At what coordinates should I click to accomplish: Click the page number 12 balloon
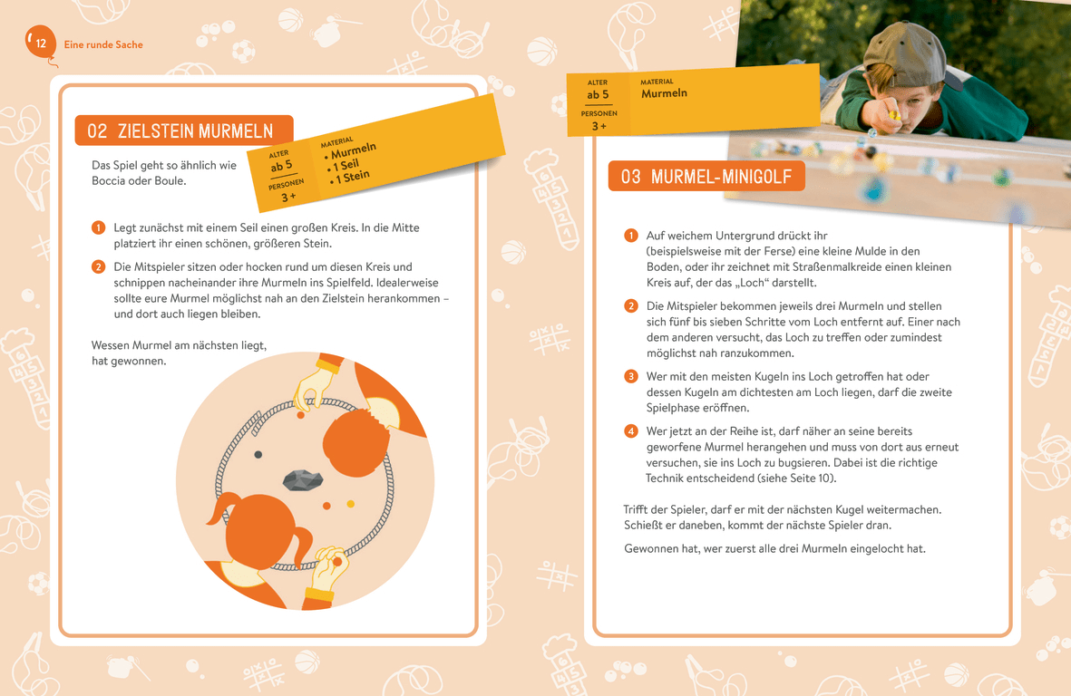click(40, 43)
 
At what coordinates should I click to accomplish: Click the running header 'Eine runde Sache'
click(103, 44)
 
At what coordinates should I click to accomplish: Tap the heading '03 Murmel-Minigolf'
click(706, 177)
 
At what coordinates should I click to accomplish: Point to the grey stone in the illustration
click(303, 479)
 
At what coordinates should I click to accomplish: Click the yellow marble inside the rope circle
click(350, 504)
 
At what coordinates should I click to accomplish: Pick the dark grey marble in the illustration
click(258, 454)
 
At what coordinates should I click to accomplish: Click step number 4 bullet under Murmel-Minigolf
click(631, 431)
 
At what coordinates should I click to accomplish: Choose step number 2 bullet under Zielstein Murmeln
click(98, 266)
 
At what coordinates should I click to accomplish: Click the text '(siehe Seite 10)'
click(797, 478)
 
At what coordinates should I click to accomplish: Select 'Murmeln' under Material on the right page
click(664, 93)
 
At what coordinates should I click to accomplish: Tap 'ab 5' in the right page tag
click(598, 95)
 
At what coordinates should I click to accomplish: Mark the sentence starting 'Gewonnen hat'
click(775, 548)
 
